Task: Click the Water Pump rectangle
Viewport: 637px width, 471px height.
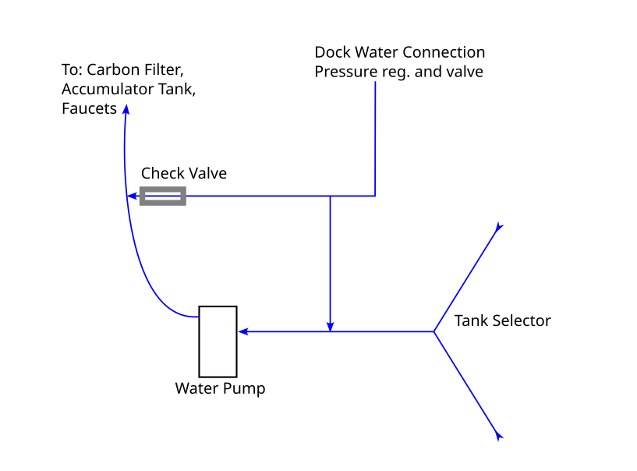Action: tap(218, 341)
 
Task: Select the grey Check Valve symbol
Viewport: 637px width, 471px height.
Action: tap(163, 196)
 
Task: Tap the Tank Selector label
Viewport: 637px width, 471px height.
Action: tap(502, 320)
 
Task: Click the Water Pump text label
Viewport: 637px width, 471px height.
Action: tap(220, 388)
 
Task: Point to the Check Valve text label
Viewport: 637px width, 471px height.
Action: tap(184, 173)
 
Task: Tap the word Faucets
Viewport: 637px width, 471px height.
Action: tap(89, 109)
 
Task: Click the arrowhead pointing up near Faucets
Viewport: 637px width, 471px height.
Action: tap(126, 109)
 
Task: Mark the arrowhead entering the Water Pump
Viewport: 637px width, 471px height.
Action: tap(243, 332)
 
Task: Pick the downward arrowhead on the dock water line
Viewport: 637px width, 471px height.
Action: tap(331, 325)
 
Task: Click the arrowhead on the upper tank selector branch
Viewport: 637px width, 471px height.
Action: tap(499, 227)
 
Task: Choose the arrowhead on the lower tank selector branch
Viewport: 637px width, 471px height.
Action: tap(499, 437)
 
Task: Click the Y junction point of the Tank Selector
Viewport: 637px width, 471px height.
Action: tap(434, 332)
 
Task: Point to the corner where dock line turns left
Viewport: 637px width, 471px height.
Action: tap(375, 196)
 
